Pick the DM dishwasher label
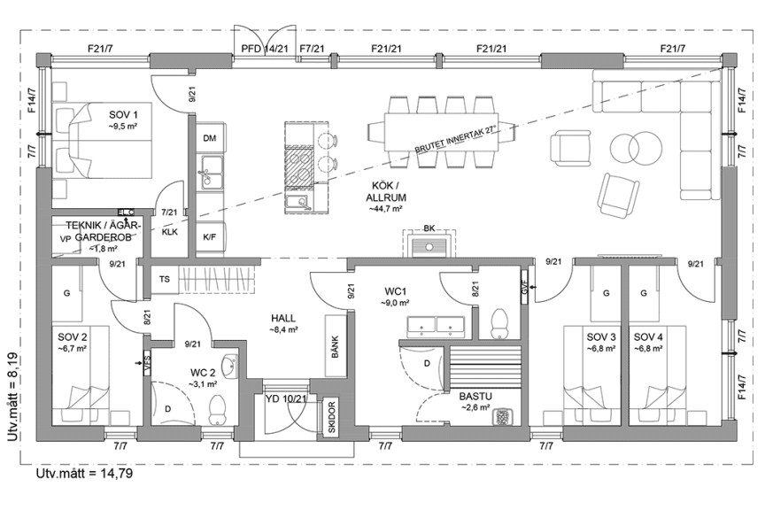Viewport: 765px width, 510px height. tap(210, 139)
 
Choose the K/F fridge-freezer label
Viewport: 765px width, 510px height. tap(210, 236)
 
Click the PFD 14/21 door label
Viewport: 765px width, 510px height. tap(263, 49)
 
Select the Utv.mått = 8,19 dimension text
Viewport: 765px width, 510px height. tap(12, 395)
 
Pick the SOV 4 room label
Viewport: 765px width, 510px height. tap(649, 336)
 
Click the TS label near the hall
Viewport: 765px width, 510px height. tap(165, 278)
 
